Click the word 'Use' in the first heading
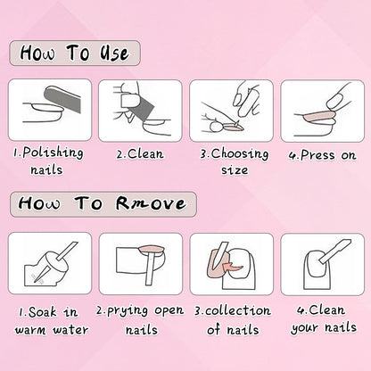tap(114, 54)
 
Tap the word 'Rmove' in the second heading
tap(151, 203)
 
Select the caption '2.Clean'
tap(140, 154)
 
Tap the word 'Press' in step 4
tap(317, 155)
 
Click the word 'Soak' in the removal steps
tap(43, 312)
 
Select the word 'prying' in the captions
tap(128, 311)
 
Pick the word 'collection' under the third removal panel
tap(238, 310)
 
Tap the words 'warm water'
tap(52, 330)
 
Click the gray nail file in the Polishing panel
tap(62, 99)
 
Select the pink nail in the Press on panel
tap(317, 115)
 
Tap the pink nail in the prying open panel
tap(153, 249)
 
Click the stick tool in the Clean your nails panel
tap(335, 251)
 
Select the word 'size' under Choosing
tap(235, 170)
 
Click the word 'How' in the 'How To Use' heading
tap(37, 54)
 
